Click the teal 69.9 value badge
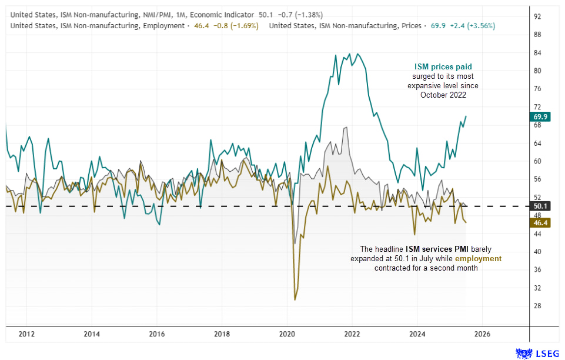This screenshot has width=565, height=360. [x=540, y=116]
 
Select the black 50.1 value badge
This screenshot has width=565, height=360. [x=540, y=206]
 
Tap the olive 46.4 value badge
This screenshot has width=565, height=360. [x=540, y=224]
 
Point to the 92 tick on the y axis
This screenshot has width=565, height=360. [x=537, y=16]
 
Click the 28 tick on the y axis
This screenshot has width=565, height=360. [x=537, y=306]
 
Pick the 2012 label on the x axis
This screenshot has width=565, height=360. [x=26, y=334]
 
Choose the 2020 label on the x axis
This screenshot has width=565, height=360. [x=287, y=334]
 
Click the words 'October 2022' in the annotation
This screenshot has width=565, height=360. [x=443, y=95]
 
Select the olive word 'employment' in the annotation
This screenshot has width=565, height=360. [x=477, y=258]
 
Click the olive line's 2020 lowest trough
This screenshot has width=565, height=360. [x=295, y=299]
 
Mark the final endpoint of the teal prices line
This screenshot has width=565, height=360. [x=466, y=116]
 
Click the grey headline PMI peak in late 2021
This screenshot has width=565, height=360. [x=346, y=128]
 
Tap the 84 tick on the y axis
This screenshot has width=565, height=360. [x=537, y=53]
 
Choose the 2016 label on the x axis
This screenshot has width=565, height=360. [x=156, y=334]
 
